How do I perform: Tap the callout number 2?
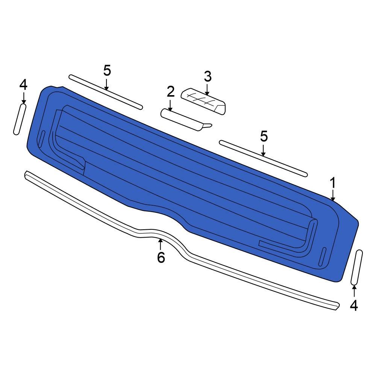click(x=171, y=91)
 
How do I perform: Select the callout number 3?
click(x=208, y=76)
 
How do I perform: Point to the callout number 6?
click(x=161, y=258)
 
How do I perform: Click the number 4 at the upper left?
click(x=23, y=85)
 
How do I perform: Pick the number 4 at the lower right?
click(x=354, y=305)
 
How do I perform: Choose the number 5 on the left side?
click(x=107, y=70)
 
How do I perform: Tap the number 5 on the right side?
click(x=264, y=136)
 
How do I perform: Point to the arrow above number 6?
click(x=161, y=244)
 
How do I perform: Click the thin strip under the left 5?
click(x=106, y=92)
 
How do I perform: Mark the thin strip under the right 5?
click(x=263, y=158)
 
